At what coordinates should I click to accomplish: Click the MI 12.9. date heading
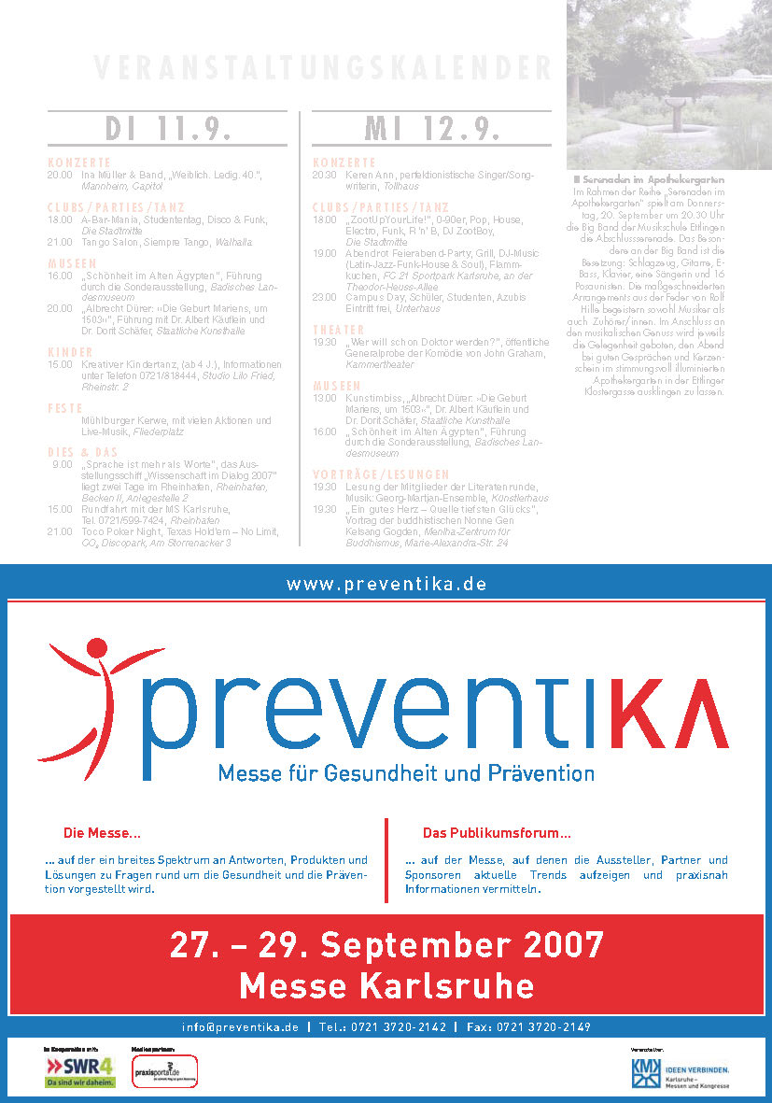tap(432, 128)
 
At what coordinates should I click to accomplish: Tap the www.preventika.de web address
tap(386, 585)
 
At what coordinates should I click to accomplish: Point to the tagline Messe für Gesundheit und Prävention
tap(406, 773)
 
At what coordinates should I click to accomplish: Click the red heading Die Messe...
tap(102, 832)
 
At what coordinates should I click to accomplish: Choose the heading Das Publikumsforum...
tap(497, 832)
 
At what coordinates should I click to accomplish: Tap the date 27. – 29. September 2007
tap(386, 944)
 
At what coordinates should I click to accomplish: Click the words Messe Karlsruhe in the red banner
tap(386, 985)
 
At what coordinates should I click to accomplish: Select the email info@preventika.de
tap(241, 1026)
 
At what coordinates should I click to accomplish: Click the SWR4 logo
tap(80, 1070)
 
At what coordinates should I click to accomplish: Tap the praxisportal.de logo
tap(152, 1070)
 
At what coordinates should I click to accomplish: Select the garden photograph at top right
tap(668, 84)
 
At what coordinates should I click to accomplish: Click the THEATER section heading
tap(338, 330)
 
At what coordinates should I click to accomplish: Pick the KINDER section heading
tap(71, 352)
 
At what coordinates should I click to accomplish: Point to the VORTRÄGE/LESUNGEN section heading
tap(381, 474)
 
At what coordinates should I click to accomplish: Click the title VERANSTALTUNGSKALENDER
tap(322, 68)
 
